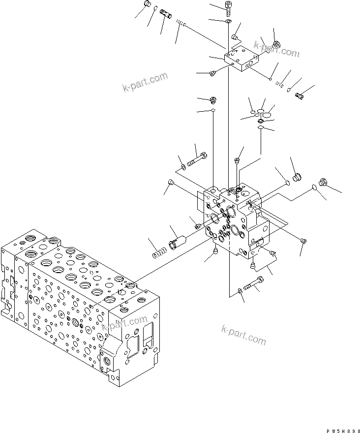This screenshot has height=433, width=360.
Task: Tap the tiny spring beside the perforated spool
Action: [180, 22]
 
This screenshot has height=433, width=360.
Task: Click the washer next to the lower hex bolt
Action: [239, 292]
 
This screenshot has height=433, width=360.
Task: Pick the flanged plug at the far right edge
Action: [323, 182]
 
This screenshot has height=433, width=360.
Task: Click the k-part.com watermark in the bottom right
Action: [244, 335]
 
